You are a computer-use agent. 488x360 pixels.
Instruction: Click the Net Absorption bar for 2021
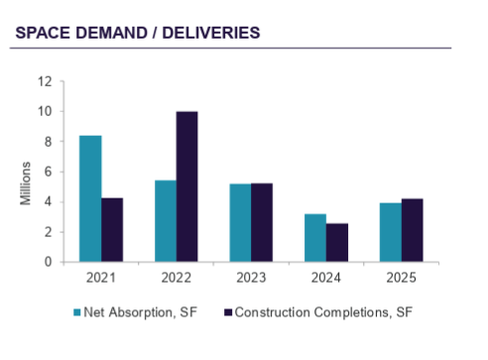90,198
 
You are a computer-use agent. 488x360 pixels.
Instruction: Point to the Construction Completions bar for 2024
337,243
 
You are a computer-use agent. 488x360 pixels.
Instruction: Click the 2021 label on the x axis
101,277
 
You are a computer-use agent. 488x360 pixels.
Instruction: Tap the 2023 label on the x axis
251,277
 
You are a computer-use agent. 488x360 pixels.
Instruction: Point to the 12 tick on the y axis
46,81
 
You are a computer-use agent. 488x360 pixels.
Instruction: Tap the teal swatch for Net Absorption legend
78,313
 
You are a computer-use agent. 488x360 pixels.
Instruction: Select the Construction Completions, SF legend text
319,313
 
